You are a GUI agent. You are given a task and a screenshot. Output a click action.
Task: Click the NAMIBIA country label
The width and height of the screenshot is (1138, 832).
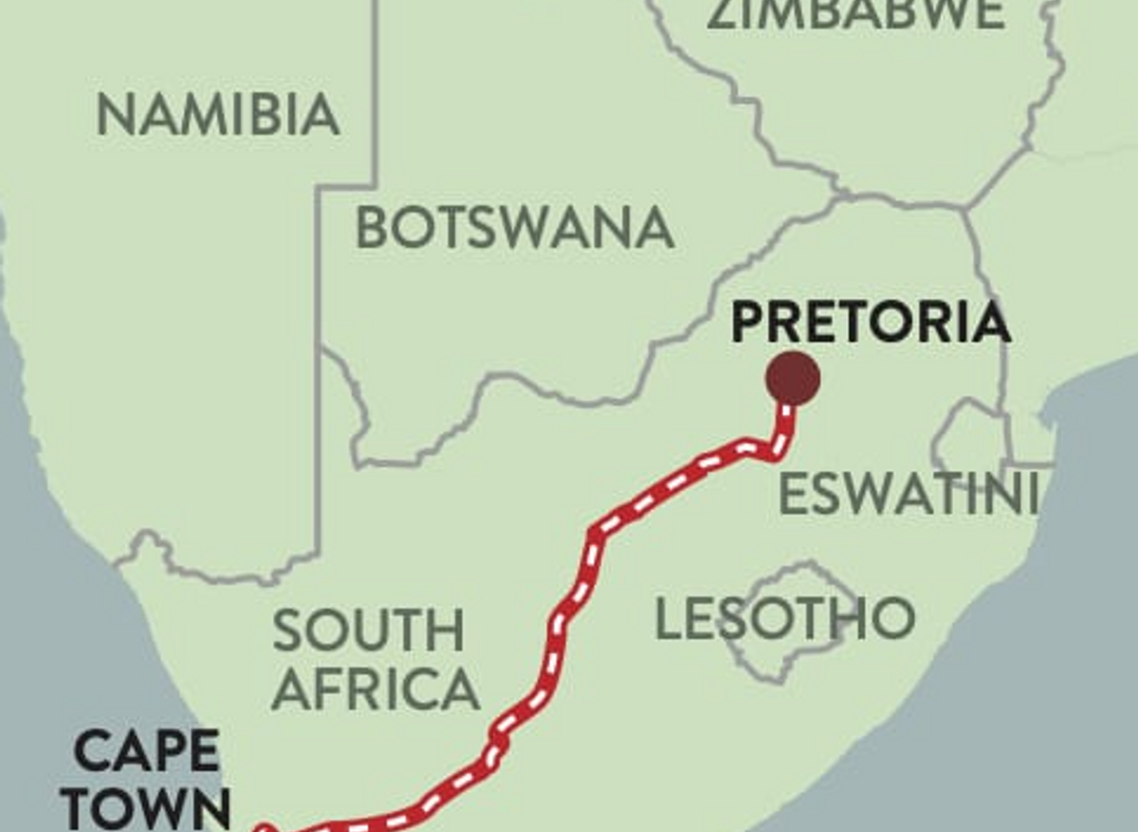pyautogui.click(x=218, y=115)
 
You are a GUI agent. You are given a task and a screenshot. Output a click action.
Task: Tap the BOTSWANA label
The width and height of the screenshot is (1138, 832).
pyautogui.click(x=515, y=228)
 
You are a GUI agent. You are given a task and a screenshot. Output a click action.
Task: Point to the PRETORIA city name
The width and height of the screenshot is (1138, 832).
pyautogui.click(x=871, y=324)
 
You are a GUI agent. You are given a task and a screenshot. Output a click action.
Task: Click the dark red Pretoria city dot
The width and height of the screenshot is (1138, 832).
pyautogui.click(x=793, y=378)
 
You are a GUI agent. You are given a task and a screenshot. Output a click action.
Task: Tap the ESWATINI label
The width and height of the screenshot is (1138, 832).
pyautogui.click(x=909, y=494)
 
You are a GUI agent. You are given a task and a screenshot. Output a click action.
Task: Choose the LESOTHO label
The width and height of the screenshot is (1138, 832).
pyautogui.click(x=785, y=619)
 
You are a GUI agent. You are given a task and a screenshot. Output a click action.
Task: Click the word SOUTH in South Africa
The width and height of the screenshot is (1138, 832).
pyautogui.click(x=369, y=631)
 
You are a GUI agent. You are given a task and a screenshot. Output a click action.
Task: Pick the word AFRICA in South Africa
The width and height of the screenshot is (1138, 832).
pyautogui.click(x=376, y=690)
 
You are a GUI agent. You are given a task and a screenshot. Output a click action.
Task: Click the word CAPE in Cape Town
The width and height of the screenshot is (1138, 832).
pyautogui.click(x=147, y=752)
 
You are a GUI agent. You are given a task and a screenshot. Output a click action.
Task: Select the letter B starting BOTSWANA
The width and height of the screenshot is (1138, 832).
pyautogui.click(x=373, y=228)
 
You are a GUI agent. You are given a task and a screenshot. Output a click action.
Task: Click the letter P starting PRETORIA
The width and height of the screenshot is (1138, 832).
pyautogui.click(x=748, y=324)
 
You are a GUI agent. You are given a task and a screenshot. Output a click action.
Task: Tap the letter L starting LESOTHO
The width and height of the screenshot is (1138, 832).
pyautogui.click(x=670, y=619)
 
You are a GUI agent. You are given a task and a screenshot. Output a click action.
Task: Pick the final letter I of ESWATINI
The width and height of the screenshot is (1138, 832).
pyautogui.click(x=1031, y=494)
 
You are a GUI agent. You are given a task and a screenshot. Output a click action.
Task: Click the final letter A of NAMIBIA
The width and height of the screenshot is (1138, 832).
pyautogui.click(x=320, y=115)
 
